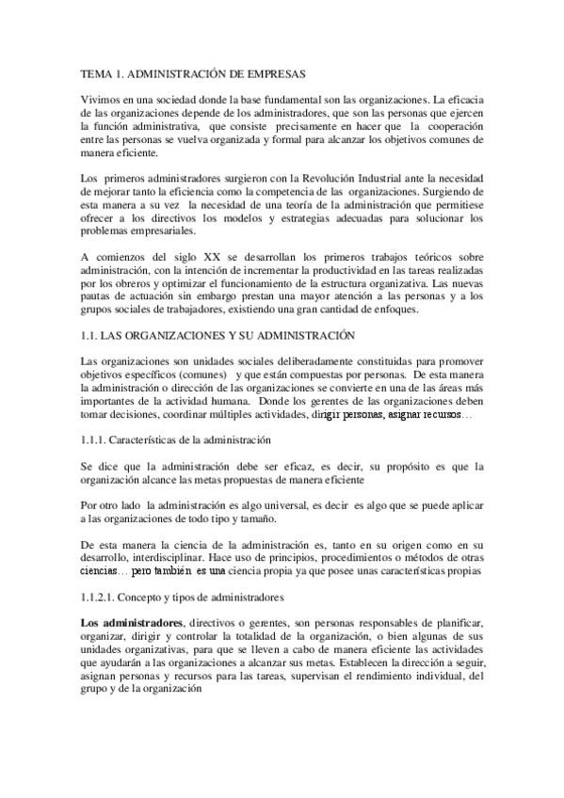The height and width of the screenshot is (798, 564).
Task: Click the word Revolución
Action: (294, 179)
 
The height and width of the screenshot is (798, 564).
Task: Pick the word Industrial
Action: (348, 179)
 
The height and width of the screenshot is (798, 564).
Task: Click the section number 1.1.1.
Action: (93, 439)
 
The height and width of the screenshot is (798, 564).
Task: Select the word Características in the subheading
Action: (147, 439)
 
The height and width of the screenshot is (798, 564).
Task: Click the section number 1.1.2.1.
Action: (98, 598)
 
